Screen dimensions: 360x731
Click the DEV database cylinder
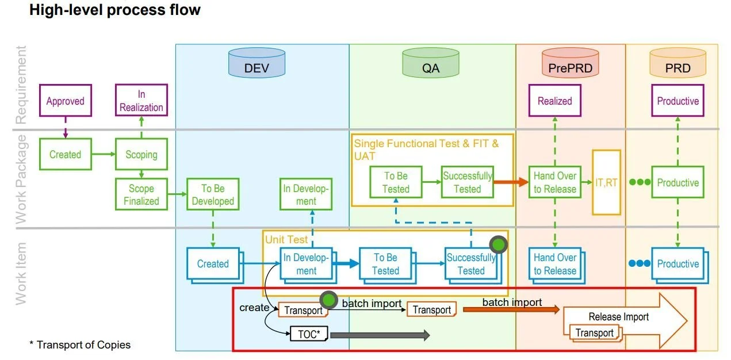click(257, 63)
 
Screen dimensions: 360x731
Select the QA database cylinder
click(430, 63)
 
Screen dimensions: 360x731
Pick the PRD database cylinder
click(678, 63)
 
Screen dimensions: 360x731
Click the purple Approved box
click(65, 101)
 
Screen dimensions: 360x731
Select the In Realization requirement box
click(141, 101)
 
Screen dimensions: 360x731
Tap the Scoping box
click(141, 154)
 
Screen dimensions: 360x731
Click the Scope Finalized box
click(141, 194)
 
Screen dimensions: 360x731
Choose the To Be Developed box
click(213, 194)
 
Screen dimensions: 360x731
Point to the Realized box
click(554, 101)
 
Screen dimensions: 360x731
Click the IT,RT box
click(606, 182)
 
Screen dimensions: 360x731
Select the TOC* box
click(309, 334)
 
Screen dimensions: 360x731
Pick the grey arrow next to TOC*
click(380, 335)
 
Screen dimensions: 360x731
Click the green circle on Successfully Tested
click(498, 246)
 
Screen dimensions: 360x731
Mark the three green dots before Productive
click(639, 182)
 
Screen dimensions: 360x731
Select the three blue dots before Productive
click(639, 263)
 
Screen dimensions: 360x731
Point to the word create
click(254, 308)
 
